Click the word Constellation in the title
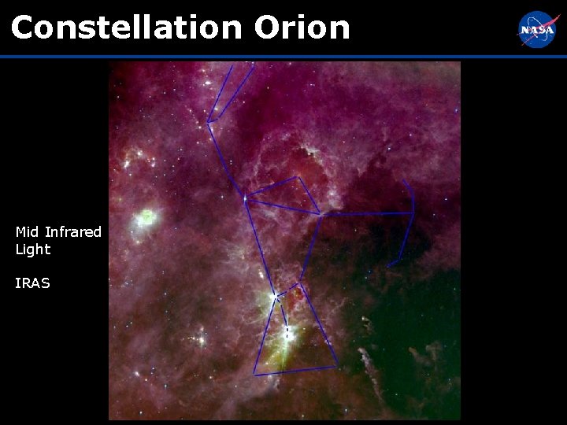coord(126,28)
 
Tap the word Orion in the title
coord(302,28)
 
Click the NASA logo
coord(537,30)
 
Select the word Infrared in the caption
coord(73,232)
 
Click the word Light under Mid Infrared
coord(32,249)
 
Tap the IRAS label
coord(32,283)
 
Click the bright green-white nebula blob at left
coord(146,217)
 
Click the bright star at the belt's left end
coord(275,297)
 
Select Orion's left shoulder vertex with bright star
coord(245,198)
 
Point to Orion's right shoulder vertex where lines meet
coord(320,213)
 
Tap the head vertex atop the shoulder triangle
coord(298,178)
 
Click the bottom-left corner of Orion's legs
coord(254,373)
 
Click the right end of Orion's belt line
coord(300,280)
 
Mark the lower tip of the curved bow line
coord(388,266)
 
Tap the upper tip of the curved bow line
coord(404,181)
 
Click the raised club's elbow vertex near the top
coord(209,122)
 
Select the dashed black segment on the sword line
coord(287,333)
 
